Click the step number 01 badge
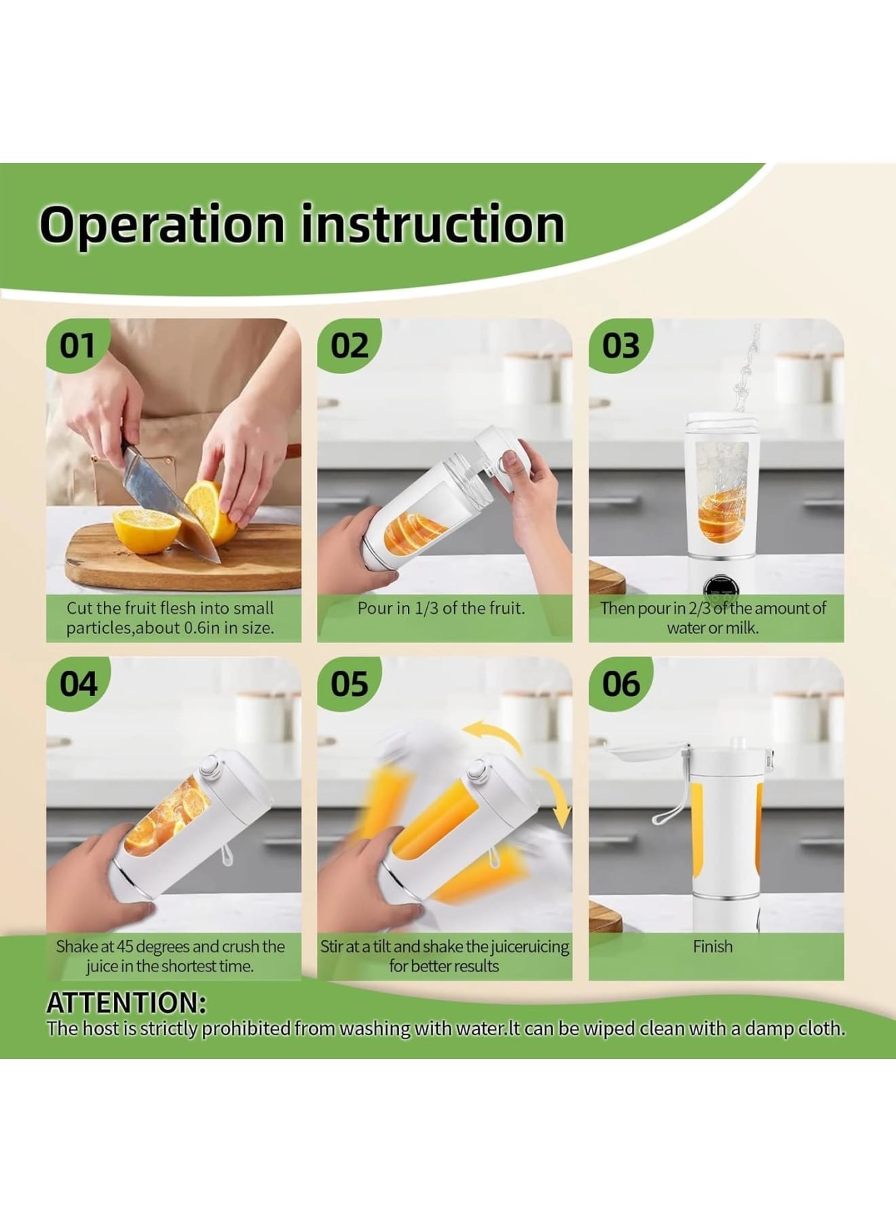[77, 346]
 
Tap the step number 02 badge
[349, 346]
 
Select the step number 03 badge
[620, 346]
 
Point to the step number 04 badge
[78, 684]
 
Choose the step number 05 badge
[349, 684]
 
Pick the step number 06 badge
[620, 684]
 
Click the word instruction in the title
[432, 225]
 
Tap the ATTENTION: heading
[126, 1003]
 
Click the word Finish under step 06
[713, 946]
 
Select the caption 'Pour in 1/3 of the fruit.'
[441, 608]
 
